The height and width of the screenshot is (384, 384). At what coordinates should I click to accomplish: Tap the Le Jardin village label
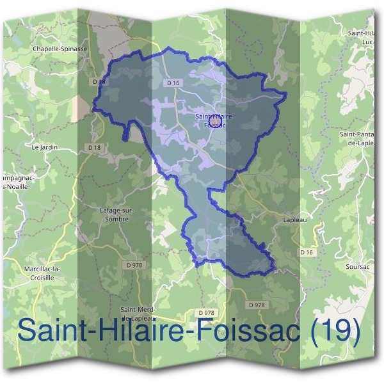point(44,147)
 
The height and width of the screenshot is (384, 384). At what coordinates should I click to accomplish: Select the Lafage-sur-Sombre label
point(115,214)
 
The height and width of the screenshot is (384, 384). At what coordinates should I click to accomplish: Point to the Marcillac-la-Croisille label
point(40,273)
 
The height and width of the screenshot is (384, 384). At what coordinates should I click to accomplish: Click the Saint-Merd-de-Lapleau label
point(143,313)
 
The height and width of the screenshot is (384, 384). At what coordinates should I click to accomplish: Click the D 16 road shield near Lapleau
point(307,253)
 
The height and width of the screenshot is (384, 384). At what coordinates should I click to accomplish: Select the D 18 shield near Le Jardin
point(94,147)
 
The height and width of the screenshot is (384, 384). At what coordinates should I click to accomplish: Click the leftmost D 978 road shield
point(135,265)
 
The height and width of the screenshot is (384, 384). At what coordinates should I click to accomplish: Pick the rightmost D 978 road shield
point(256,305)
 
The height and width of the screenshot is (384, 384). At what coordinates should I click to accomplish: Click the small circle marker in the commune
point(214,119)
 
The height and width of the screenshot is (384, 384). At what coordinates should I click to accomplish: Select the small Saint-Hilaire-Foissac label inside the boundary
point(214,120)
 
